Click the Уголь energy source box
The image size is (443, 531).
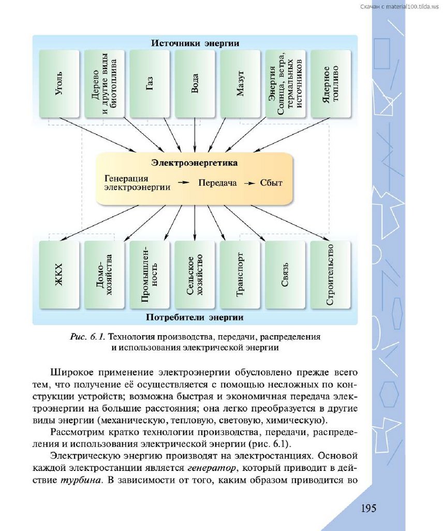pos(60,84)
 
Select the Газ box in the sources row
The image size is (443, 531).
pos(150,84)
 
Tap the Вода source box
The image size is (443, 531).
pos(195,84)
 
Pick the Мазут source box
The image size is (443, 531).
pos(240,84)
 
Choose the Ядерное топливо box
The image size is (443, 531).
pos(330,84)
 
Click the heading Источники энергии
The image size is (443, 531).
pos(195,43)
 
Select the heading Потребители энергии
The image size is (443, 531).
pos(195,317)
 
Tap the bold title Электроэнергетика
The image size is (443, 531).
pos(195,163)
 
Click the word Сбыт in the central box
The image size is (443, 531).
pos(271,183)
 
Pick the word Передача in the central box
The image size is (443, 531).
pos(217,183)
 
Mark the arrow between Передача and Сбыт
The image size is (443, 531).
pos(249,183)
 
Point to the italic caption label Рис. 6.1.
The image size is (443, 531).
pos(87,337)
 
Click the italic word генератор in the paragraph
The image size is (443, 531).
pos(212,468)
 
